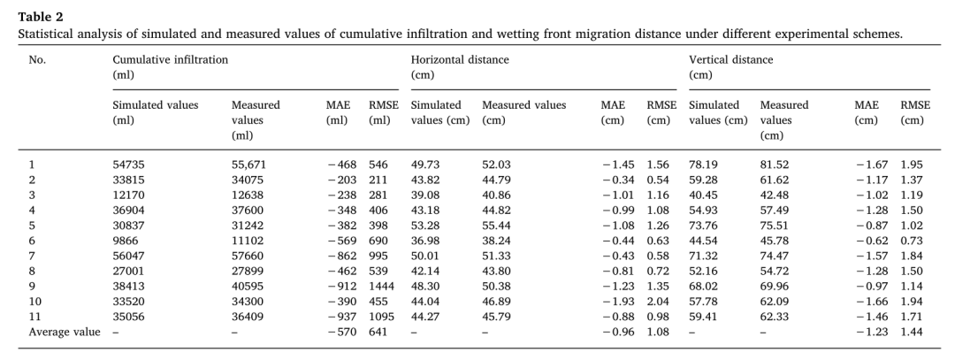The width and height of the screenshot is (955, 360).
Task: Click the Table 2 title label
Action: (x=40, y=17)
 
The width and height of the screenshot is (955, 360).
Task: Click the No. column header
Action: (x=37, y=59)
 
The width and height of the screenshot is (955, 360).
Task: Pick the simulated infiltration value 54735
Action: (x=128, y=165)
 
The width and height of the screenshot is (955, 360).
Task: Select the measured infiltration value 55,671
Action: (x=248, y=165)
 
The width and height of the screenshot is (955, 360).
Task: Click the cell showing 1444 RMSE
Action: (x=381, y=287)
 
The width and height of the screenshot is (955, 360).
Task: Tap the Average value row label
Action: (x=65, y=332)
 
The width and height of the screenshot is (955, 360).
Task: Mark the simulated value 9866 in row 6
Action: (x=126, y=241)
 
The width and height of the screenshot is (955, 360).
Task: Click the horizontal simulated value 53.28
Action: (x=425, y=226)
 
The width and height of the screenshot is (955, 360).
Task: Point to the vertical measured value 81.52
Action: (x=774, y=165)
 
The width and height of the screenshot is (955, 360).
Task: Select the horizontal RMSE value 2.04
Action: (x=658, y=302)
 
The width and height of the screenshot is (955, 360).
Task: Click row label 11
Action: (x=34, y=317)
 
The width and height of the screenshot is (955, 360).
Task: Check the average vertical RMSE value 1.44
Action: (x=912, y=332)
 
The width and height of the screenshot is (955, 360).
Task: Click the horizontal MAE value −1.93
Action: (x=618, y=302)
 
